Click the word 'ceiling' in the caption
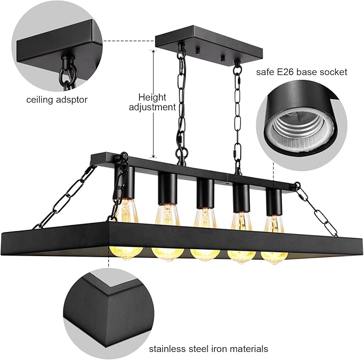pos(40,100)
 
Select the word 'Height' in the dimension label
pos(152,97)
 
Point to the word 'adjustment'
pos(152,107)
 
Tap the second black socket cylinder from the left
pos(167,189)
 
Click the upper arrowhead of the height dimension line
pos(153,51)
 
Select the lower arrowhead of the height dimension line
pos(153,156)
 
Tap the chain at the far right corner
pos(316,209)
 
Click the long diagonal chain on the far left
pos(64,197)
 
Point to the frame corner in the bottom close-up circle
pos(108,294)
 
